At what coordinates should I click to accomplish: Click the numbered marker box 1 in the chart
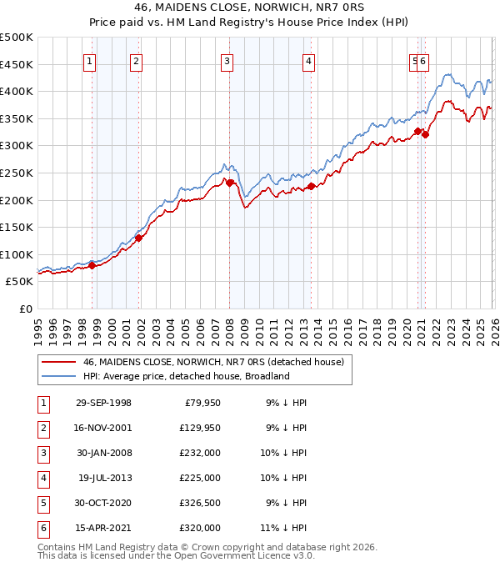(x=89, y=60)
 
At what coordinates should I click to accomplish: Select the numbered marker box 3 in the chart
(x=227, y=60)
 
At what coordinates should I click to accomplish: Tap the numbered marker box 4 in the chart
(x=308, y=60)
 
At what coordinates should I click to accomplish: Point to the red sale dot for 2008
(x=229, y=182)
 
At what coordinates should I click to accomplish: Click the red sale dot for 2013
(x=310, y=187)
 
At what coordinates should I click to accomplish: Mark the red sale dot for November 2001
(x=138, y=238)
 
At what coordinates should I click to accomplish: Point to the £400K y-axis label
(x=17, y=91)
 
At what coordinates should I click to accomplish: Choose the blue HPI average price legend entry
(x=186, y=376)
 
